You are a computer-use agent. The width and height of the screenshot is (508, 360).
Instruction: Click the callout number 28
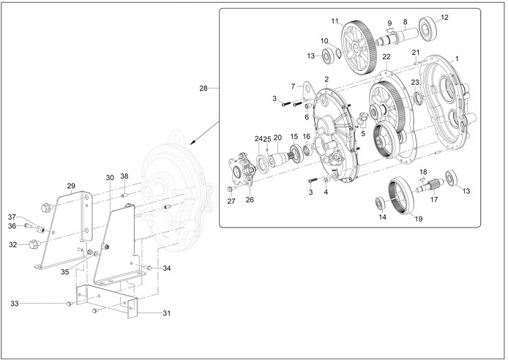pos(203,88)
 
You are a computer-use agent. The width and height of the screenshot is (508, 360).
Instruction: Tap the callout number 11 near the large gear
pos(335,21)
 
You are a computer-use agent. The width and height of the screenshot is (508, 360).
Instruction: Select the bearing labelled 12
pos(427,29)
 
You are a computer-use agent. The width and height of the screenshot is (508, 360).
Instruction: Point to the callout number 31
pos(166,313)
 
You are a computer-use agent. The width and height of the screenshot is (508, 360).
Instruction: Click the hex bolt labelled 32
pos(34,244)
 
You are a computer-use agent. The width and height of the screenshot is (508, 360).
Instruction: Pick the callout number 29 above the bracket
pos(71,186)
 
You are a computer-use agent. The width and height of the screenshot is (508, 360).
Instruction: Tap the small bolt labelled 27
pos(231,189)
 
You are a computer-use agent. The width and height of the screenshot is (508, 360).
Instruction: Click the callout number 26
pos(250,200)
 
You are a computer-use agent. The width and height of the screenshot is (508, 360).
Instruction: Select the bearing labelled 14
pos(380,203)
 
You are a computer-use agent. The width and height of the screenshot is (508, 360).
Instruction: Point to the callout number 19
pos(419,219)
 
